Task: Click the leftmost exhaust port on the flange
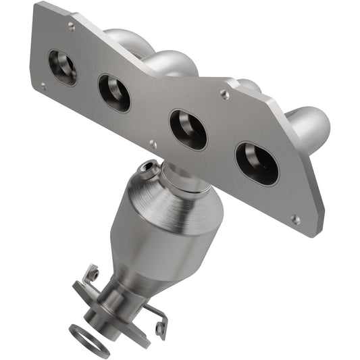(62, 68)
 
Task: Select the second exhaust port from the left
(113, 93)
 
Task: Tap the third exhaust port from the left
(188, 129)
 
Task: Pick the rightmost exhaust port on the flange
(256, 163)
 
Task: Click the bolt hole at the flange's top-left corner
(72, 26)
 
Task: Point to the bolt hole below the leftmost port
(44, 86)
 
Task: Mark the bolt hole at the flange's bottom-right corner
(295, 219)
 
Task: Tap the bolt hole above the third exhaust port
(225, 95)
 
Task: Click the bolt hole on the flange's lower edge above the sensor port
(153, 144)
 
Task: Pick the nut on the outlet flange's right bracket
(159, 328)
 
